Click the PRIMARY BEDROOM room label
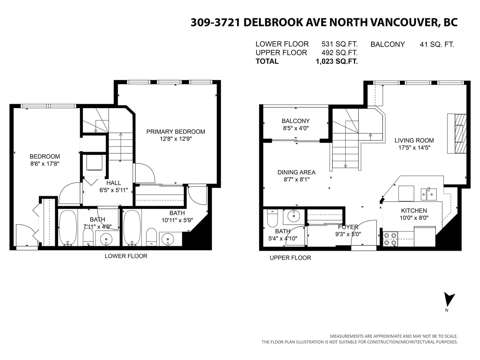pos(175,132)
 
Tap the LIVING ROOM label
pos(414,140)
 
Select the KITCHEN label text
pos(414,211)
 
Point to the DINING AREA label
pos(296,172)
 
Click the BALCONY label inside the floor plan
pos(296,121)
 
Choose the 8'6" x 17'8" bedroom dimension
pos(45,164)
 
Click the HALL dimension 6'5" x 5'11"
pos(114,190)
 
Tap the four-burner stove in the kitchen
pos(390,239)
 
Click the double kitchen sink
pos(429,194)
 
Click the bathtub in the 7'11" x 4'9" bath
pos(68,228)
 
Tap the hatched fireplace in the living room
pos(460,133)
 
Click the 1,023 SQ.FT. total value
pos(337,61)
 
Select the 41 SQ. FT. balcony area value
pos(437,45)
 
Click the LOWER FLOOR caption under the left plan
pos(126,256)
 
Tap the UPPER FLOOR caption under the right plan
pos(290,258)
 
